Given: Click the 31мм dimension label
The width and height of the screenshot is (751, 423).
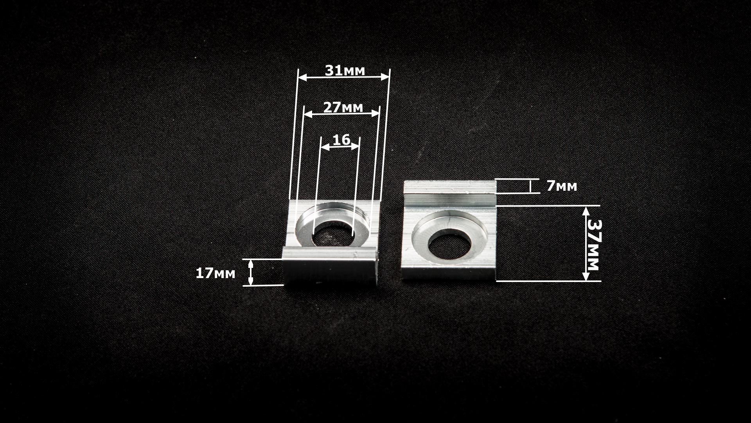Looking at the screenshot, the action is [x=345, y=70].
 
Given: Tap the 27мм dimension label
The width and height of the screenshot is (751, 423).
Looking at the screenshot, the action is [x=343, y=107].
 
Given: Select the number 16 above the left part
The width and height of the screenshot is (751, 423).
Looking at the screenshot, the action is [x=341, y=140].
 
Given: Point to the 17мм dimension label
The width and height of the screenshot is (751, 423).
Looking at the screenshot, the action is [x=216, y=273].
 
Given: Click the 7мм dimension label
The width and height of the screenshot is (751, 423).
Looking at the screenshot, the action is [x=562, y=186].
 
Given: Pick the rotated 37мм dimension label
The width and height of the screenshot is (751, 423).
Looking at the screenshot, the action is [x=593, y=244].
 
